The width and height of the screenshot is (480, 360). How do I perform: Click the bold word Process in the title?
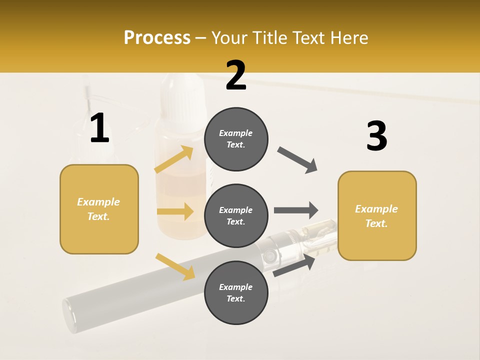pyautogui.click(x=157, y=37)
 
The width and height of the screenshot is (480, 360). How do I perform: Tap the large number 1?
pyautogui.click(x=99, y=128)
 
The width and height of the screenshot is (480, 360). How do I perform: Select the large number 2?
pyautogui.click(x=236, y=75)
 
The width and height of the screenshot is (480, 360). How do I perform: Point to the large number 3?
pyautogui.click(x=376, y=136)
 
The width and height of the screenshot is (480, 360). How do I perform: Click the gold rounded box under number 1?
pyautogui.click(x=99, y=209)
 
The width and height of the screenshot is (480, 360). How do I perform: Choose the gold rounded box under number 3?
pyautogui.click(x=377, y=215)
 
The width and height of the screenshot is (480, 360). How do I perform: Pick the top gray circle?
pyautogui.click(x=236, y=139)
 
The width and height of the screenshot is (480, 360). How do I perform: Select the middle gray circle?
pyautogui.click(x=236, y=215)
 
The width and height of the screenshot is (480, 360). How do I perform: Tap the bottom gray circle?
pyautogui.click(x=236, y=292)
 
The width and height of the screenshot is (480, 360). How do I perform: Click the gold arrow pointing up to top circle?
pyautogui.click(x=174, y=159)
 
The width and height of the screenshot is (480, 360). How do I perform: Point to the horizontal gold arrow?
pyautogui.click(x=175, y=211)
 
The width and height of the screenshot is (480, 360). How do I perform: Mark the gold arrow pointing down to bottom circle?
pyautogui.click(x=175, y=266)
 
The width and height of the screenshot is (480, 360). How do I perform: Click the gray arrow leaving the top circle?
pyautogui.click(x=297, y=160)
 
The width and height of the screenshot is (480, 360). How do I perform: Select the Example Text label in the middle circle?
pyautogui.click(x=236, y=215)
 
